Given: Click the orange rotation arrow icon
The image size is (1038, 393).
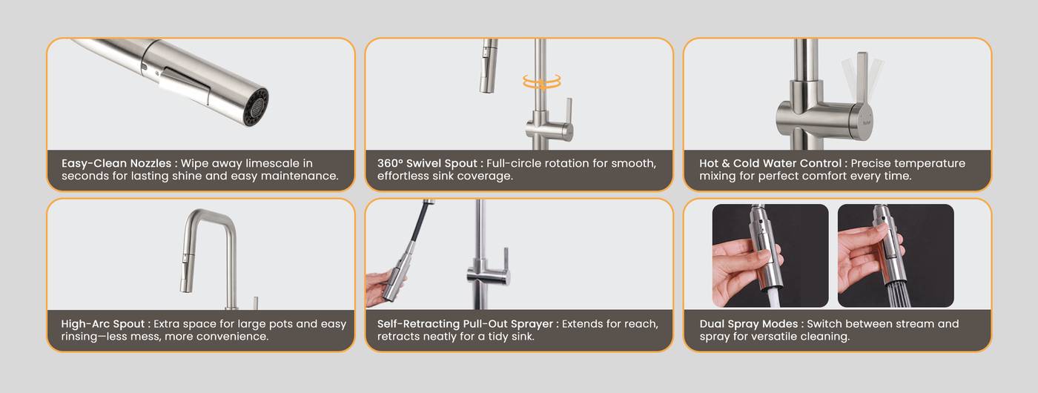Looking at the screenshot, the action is point(542,82).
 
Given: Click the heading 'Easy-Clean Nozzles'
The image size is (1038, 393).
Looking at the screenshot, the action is point(116,163).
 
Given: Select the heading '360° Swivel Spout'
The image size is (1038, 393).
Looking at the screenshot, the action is point(427,163).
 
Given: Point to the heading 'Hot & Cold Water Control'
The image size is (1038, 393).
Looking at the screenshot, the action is point(770,163).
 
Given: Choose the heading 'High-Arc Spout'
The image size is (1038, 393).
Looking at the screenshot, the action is point(102,324).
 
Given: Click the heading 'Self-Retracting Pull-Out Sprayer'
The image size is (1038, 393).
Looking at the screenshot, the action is point(465,324).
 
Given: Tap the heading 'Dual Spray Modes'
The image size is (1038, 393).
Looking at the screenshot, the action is point(748,324).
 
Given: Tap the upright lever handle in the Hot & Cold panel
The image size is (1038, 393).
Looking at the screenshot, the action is point(862,76).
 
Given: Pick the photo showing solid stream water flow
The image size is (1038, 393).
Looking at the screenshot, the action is point(770,255).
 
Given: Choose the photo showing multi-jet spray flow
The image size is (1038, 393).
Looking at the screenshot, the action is point(896,255).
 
